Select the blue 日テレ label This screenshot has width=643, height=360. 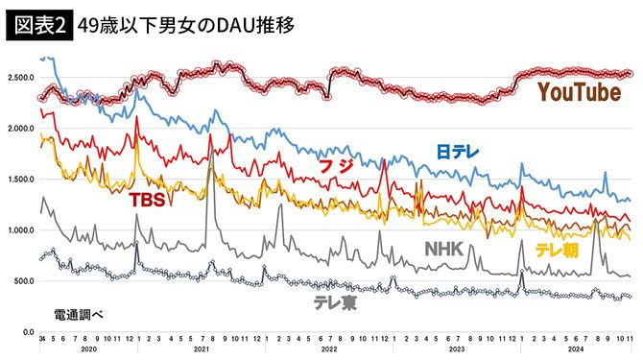[x=458, y=152]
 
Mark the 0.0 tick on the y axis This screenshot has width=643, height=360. [x=27, y=332]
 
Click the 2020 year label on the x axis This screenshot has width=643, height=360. [x=90, y=351]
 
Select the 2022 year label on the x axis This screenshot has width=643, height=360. [x=330, y=351]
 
